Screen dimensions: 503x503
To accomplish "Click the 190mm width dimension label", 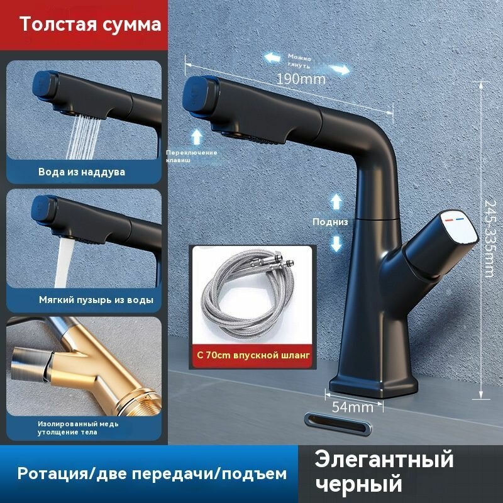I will (301, 79).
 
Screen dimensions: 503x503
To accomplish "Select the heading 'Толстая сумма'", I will (90, 25).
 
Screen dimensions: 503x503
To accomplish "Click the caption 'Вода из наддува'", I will (82, 172).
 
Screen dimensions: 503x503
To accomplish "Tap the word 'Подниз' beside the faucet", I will (330, 222).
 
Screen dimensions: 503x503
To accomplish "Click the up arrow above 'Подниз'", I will (336, 201).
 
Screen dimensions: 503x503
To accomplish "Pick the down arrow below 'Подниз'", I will (336, 243).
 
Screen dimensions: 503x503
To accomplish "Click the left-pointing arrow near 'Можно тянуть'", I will (272, 57).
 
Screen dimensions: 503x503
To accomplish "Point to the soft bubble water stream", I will (64, 258).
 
